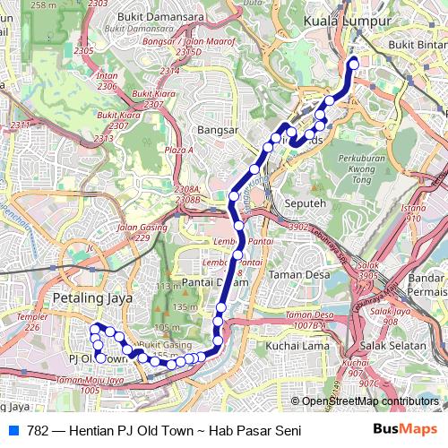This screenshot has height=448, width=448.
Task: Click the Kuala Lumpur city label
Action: pyautogui.click(x=348, y=20)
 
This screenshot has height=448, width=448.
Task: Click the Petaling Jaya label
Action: pyautogui.click(x=93, y=297)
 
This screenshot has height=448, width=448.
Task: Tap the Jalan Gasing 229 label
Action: pyautogui.click(x=132, y=231)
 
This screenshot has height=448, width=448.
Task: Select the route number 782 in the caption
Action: pyautogui.click(x=38, y=431)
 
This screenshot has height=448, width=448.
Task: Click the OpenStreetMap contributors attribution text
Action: pyautogui.click(x=370, y=401)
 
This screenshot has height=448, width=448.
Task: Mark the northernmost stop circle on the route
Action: pyautogui.click(x=353, y=63)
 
